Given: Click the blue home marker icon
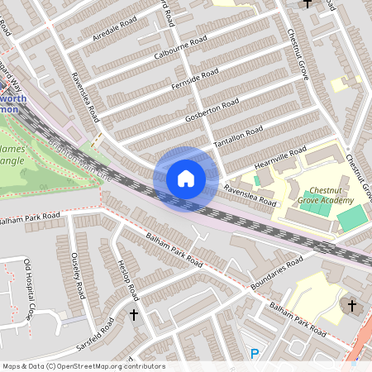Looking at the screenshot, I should coord(186,178).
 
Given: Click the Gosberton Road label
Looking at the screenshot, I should coord(213,107).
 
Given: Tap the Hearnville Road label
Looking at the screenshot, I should coord(280,156).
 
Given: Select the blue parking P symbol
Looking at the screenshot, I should coord(255,354).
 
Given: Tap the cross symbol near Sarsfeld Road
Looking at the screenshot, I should coord(134,314).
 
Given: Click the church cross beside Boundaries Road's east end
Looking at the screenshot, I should coord(351,306).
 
